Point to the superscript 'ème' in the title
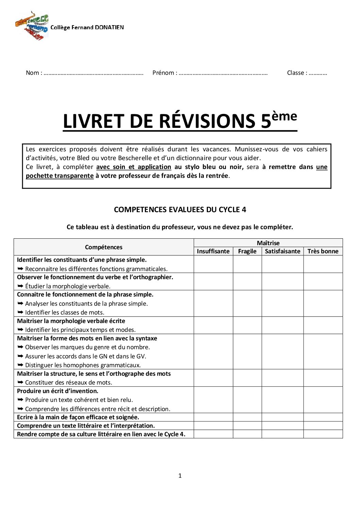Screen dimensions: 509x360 coord(284,116)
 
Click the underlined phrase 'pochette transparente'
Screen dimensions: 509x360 coord(60,176)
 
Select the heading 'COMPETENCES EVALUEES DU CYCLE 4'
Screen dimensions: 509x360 coord(180,209)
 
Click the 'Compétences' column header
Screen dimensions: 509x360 coord(103,247)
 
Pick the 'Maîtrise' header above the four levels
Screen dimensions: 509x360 coord(268,243)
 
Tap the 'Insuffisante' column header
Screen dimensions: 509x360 coord(213,251)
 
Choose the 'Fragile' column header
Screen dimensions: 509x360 coord(247,251)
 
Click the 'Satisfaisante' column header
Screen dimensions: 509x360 coord(282,251)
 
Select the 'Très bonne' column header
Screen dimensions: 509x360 coord(323,251)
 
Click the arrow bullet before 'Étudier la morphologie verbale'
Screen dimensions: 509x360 coord(20,286)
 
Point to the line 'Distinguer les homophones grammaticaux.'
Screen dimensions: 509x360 coord(83,365)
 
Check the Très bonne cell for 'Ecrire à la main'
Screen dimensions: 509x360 coord(323,417)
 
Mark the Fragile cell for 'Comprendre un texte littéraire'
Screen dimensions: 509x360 coord(247,426)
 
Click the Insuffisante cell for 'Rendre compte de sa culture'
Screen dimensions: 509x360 coord(213,434)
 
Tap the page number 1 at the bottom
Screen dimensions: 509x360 coord(180,476)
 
